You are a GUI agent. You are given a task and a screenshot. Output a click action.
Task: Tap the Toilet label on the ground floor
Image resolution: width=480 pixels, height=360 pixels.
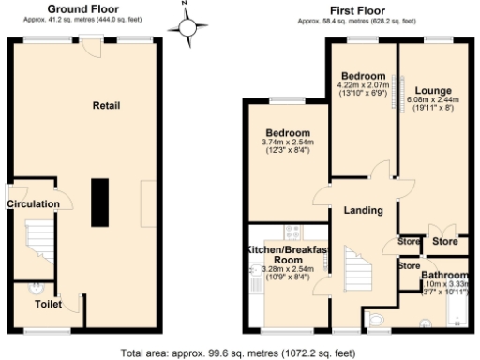click(48, 305)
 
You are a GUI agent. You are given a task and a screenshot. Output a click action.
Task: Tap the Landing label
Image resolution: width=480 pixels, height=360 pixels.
click(363, 211)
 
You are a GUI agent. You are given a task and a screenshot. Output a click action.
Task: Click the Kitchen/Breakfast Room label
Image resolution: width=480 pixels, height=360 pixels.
click(287, 254)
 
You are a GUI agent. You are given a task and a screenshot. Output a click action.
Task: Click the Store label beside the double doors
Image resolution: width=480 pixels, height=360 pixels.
click(445, 242)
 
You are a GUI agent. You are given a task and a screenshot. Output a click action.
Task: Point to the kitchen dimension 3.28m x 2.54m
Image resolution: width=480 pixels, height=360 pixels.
click(287, 269)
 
